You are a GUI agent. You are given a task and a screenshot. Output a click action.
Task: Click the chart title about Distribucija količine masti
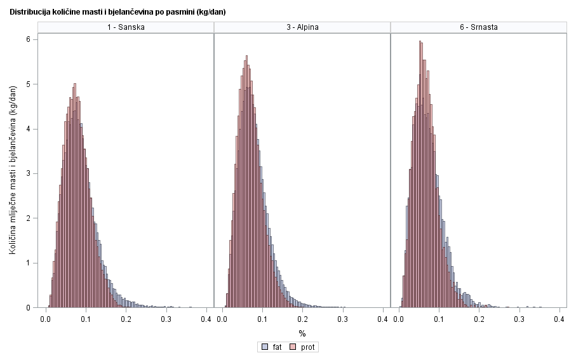[x=117, y=12]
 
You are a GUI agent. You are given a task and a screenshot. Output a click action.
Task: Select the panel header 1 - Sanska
[x=126, y=27]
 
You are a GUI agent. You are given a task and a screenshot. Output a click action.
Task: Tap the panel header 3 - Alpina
[x=302, y=27]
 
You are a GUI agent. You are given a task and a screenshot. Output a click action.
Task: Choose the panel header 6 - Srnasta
[x=478, y=27]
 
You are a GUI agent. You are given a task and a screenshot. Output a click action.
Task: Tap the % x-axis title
[x=302, y=333]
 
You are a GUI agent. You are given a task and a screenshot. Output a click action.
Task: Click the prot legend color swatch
[x=294, y=347]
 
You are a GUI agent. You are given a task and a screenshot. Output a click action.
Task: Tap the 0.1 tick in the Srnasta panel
[x=438, y=319]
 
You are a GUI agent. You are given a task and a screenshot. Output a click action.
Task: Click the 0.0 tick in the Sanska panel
[x=46, y=319]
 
